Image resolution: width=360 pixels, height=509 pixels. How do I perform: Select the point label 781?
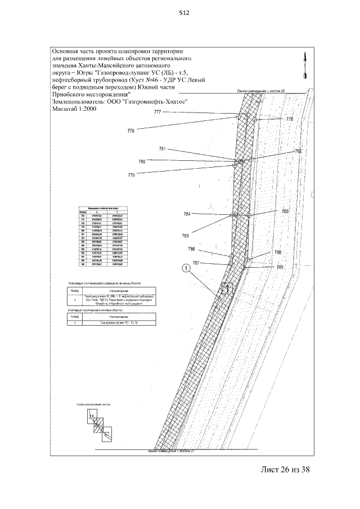163,149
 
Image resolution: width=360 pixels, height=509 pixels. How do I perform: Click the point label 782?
298,151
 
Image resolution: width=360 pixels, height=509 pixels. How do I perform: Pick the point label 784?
187,214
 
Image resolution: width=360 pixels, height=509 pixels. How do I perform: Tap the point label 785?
285,211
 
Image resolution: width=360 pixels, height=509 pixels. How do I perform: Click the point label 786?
191,249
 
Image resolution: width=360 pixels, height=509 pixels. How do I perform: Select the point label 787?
196,263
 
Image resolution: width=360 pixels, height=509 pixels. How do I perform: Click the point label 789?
280,267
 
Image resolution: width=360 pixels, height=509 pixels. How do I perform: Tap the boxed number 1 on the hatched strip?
226,289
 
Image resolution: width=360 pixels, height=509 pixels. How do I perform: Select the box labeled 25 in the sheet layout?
91,417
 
